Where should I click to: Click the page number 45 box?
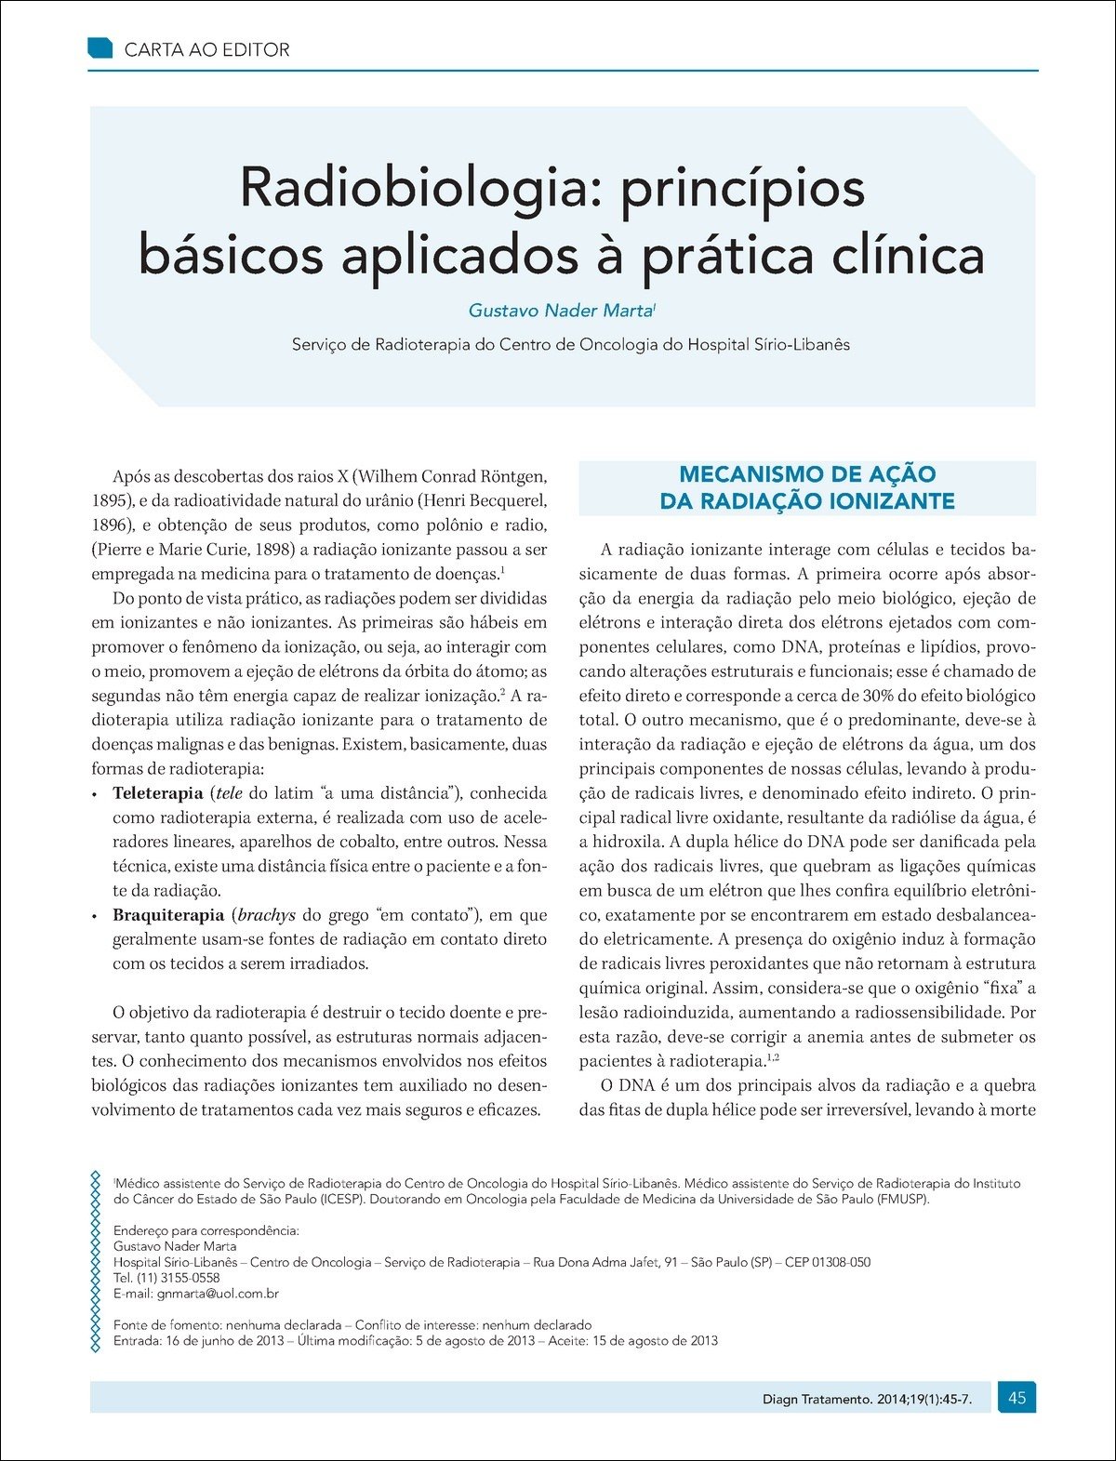point(1016,1397)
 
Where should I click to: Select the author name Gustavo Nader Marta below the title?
point(561,311)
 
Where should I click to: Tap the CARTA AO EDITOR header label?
point(206,50)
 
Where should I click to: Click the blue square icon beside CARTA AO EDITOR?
point(100,48)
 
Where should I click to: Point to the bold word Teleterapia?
point(157,793)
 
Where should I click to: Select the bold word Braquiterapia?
point(168,915)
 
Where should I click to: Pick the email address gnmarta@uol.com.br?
point(218,1294)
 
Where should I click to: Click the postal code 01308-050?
point(842,1262)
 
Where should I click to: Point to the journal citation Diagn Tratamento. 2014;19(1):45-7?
point(867,1399)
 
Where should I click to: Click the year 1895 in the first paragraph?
point(109,501)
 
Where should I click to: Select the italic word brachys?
point(266,915)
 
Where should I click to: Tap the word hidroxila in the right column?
point(624,842)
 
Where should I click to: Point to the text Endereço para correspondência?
point(206,1230)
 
